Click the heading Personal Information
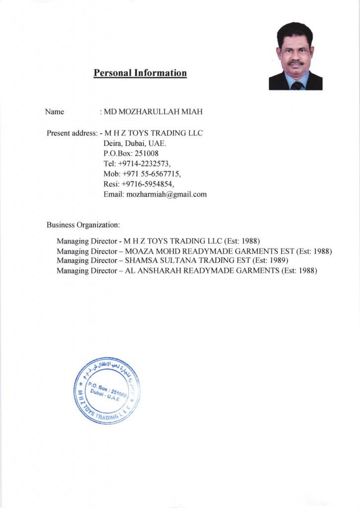tap(140, 73)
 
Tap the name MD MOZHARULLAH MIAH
tap(153, 112)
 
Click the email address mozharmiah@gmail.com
tap(166, 194)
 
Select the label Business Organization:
tap(83, 225)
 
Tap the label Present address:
tap(72, 133)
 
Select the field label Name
tap(55, 112)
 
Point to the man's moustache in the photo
tap(296, 63)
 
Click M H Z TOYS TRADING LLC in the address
tap(154, 133)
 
